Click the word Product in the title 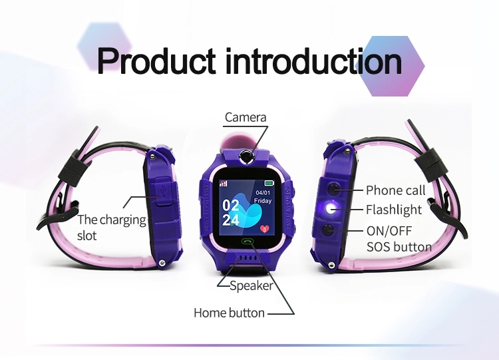pyautogui.click(x=156, y=61)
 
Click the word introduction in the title pyautogui.click(x=313, y=61)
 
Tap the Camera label pyautogui.click(x=246, y=117)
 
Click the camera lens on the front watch pyautogui.click(x=246, y=156)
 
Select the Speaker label pyautogui.click(x=251, y=286)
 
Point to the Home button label pyautogui.click(x=229, y=313)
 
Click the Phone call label pyautogui.click(x=395, y=190)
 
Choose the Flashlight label pyautogui.click(x=394, y=210)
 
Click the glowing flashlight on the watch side pyautogui.click(x=330, y=209)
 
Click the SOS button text pyautogui.click(x=399, y=247)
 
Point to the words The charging pyautogui.click(x=111, y=220)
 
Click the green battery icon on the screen pyautogui.click(x=269, y=183)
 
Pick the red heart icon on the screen pyautogui.click(x=264, y=228)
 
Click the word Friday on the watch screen pyautogui.click(x=263, y=201)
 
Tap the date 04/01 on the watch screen pyautogui.click(x=263, y=192)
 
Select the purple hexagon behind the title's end pyautogui.click(x=394, y=66)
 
